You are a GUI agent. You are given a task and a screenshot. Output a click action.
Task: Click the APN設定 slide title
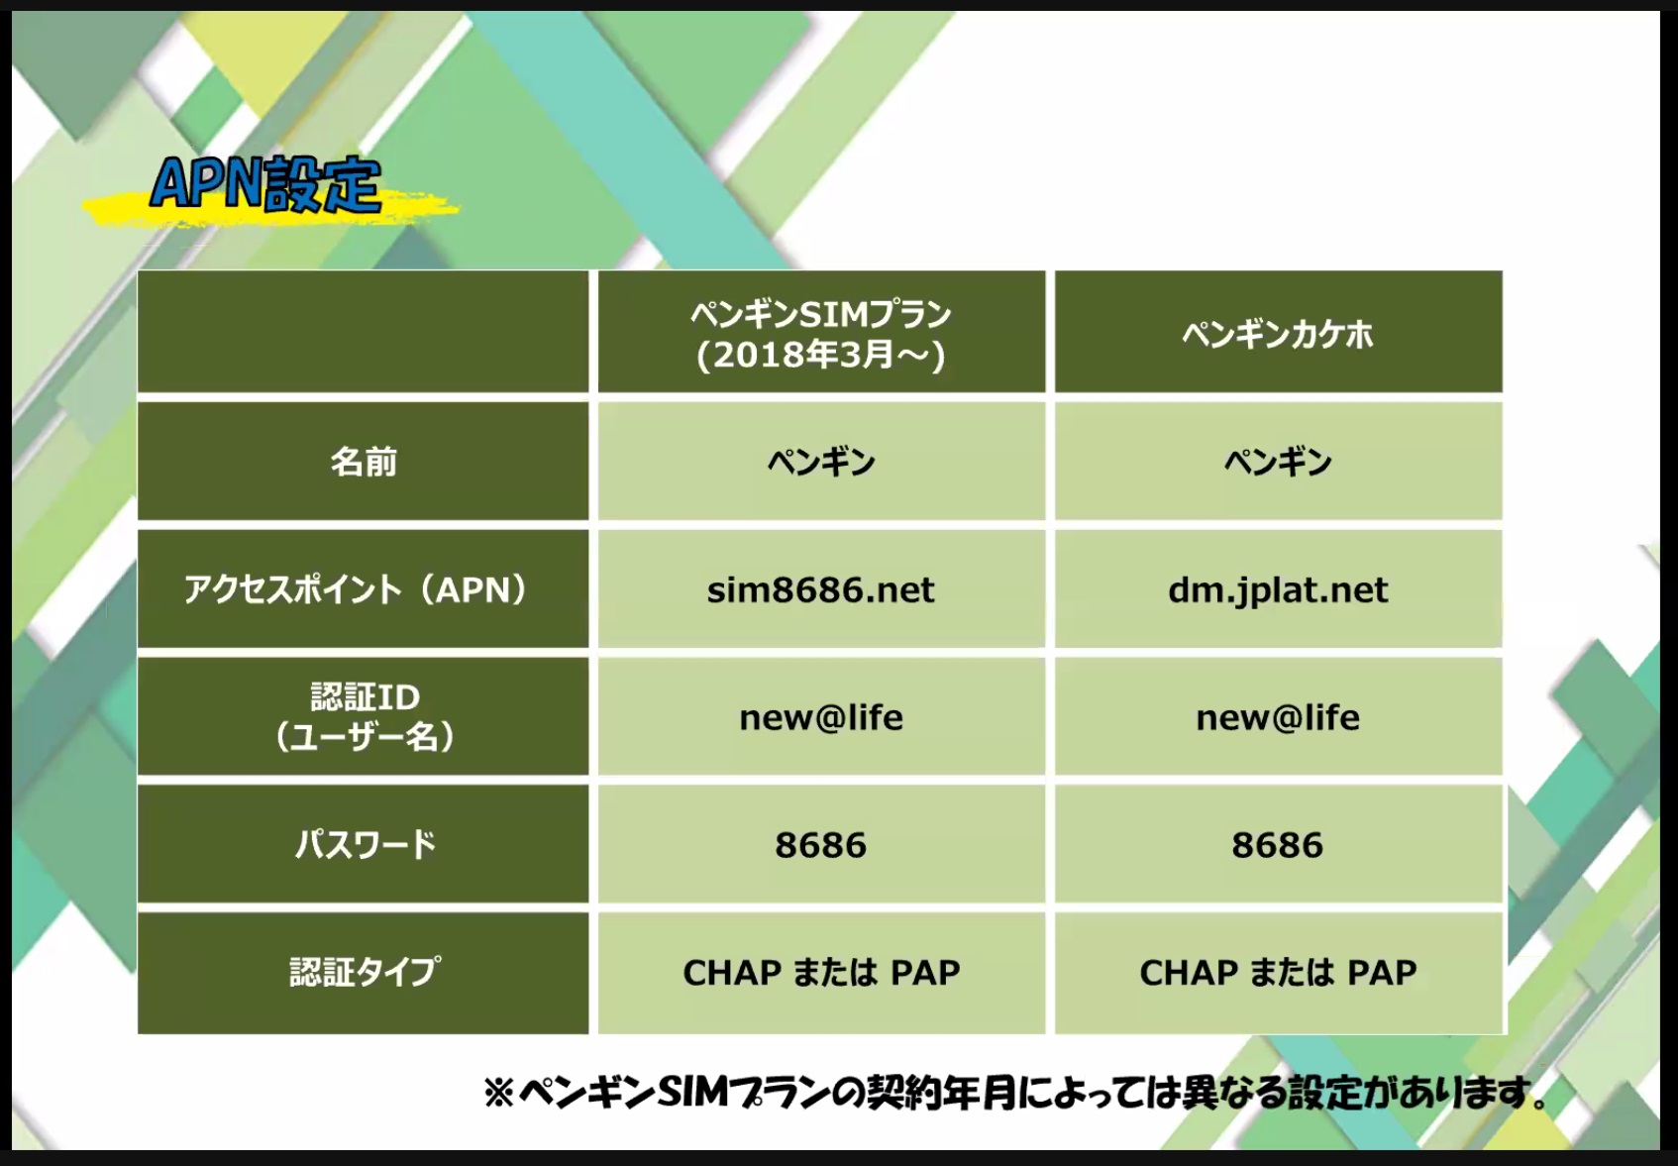point(265,184)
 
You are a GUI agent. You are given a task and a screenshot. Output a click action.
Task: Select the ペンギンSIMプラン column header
point(821,315)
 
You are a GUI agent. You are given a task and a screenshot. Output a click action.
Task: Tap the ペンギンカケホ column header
point(1278,334)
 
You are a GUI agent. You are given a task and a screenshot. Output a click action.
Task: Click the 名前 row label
point(364,462)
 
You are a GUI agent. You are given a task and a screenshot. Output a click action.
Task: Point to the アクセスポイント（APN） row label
point(356,589)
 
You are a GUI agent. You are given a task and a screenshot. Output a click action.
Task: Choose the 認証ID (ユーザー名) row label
point(365,717)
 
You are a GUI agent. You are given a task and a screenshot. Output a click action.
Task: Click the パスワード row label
point(365,844)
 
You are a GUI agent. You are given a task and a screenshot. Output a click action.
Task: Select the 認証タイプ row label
point(365,972)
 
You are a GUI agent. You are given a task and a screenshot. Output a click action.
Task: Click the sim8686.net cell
point(821,589)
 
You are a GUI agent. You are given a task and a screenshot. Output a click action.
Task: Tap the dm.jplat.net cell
point(1278,589)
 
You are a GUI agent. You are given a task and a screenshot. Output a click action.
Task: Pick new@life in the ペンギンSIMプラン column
point(821,717)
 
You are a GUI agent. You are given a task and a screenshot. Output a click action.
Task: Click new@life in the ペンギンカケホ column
point(1278,717)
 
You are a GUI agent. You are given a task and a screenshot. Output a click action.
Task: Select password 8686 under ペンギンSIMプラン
point(821,845)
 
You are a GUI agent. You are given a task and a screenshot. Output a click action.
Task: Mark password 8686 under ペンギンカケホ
point(1278,845)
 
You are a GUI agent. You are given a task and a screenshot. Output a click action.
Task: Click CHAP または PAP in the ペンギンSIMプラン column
point(821,973)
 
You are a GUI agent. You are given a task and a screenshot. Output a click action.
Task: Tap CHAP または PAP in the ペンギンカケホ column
point(1278,973)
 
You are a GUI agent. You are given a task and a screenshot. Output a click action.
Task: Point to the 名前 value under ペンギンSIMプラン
point(821,462)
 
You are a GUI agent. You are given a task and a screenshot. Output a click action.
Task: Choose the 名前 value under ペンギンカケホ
point(1278,462)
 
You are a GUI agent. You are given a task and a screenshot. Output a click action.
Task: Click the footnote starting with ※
point(1015,1093)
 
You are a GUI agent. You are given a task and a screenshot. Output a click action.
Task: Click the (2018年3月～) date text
point(821,355)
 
